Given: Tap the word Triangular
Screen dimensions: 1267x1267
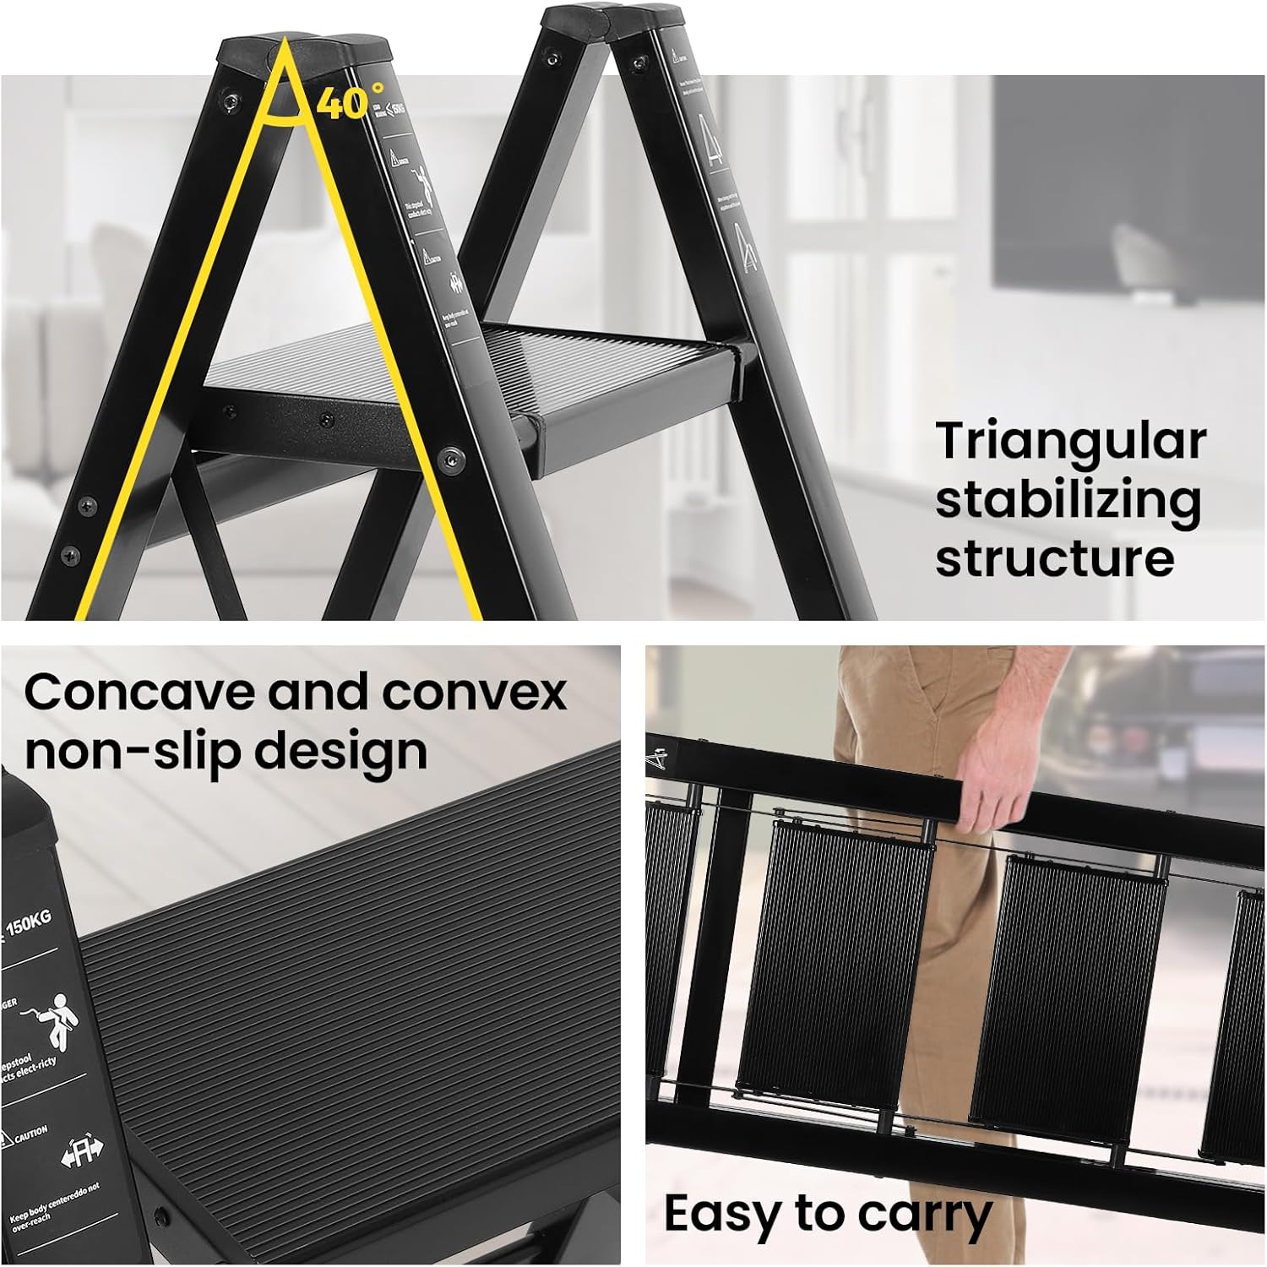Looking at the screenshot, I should [1070, 442].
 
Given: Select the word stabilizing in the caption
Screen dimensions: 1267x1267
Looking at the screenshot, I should [1068, 501].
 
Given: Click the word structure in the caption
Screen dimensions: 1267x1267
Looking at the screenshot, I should [1054, 558].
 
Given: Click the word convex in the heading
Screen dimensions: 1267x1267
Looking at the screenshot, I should [474, 693].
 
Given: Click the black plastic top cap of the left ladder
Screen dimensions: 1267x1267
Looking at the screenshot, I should [304, 52].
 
